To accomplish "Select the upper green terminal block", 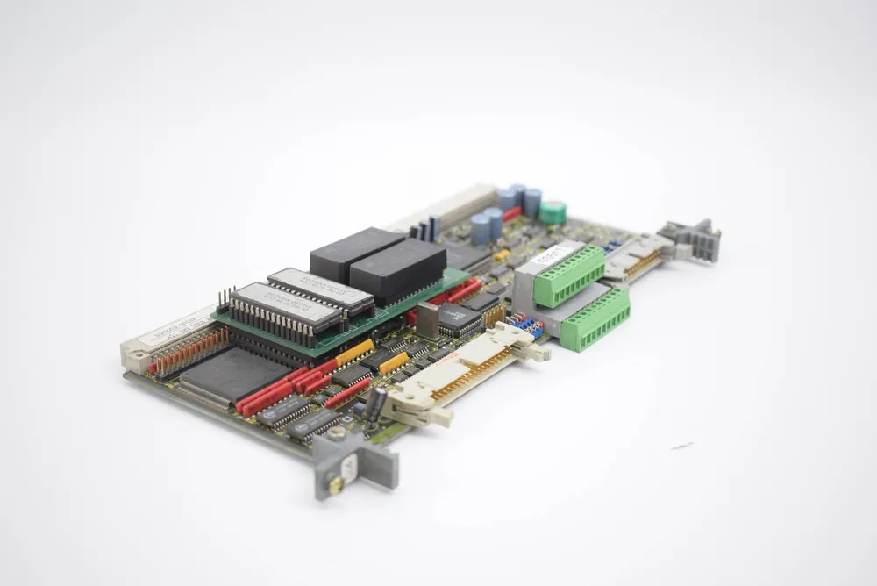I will point(570,275).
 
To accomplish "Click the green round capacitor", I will point(553,212).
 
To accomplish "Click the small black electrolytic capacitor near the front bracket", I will point(374,406).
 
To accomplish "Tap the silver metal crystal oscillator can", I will point(427,320).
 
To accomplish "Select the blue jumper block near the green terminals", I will point(526,326).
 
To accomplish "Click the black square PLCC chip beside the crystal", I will point(459,320).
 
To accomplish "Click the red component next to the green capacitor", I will point(512,214).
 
